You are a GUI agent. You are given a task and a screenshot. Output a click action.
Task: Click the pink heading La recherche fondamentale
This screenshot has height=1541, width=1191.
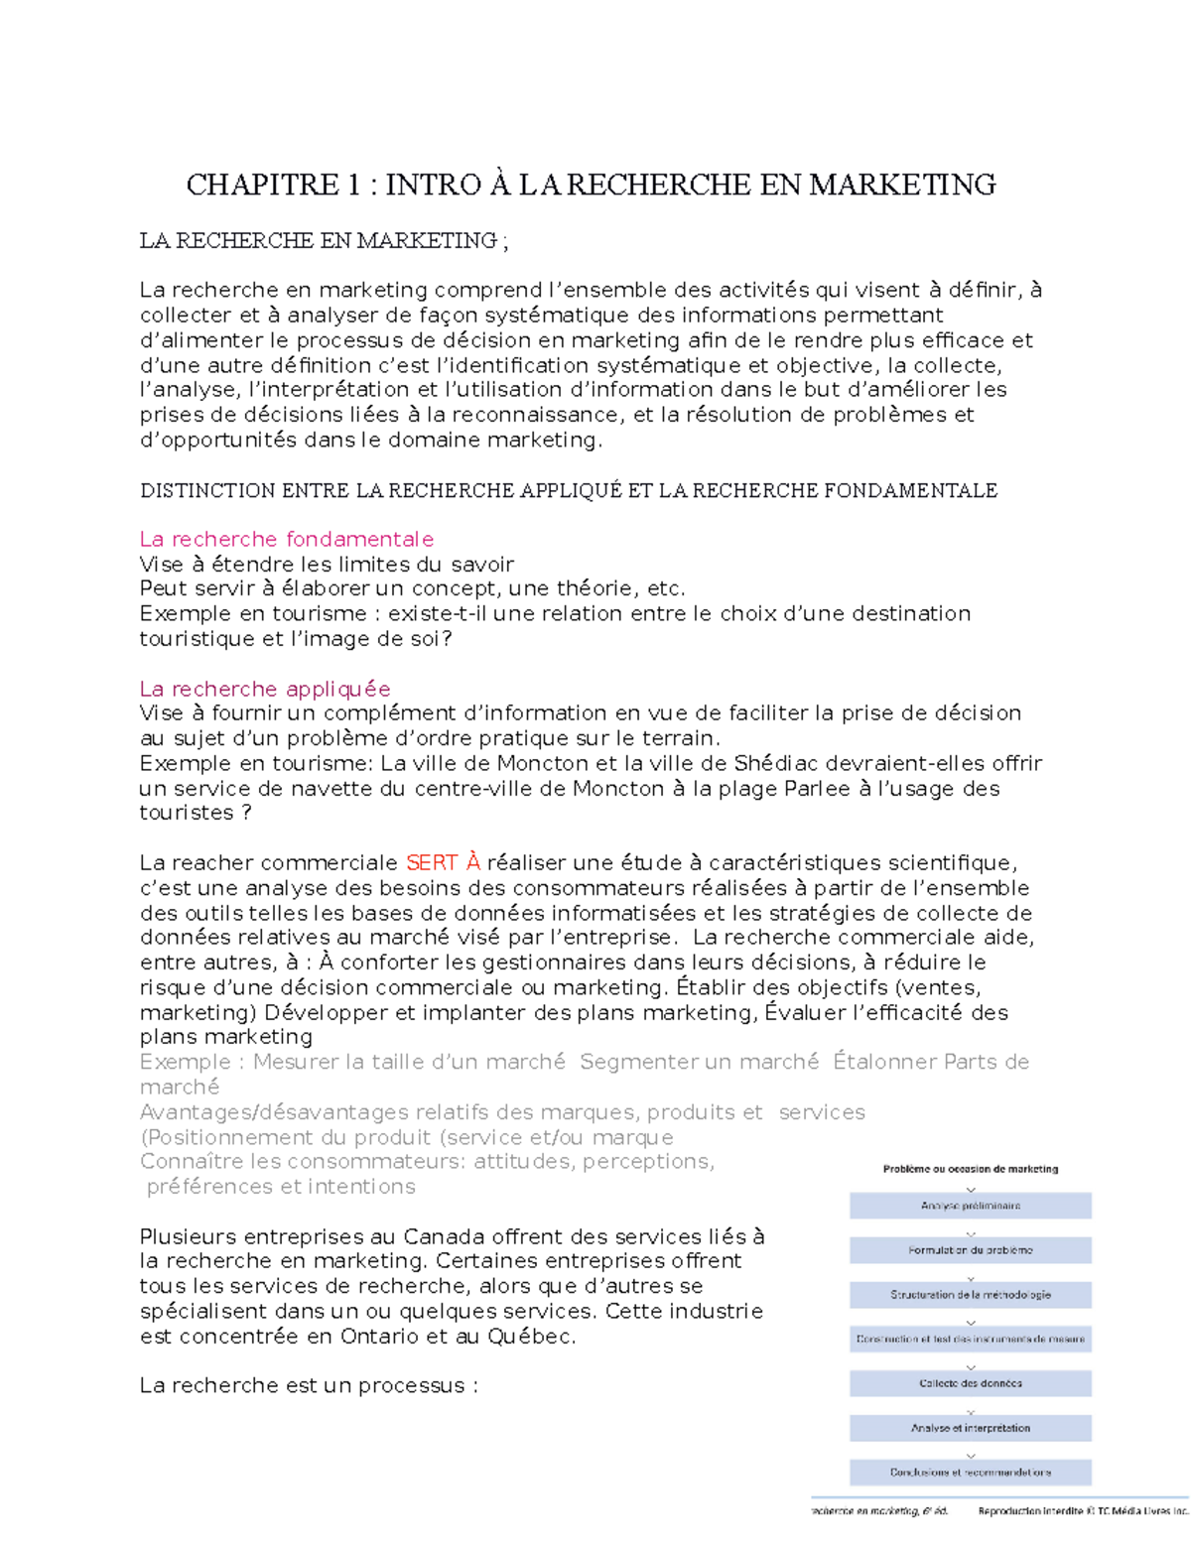tap(286, 539)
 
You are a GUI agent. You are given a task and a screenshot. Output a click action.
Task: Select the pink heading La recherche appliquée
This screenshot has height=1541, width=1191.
tap(264, 689)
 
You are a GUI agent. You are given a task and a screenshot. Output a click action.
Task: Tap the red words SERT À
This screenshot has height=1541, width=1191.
tap(443, 862)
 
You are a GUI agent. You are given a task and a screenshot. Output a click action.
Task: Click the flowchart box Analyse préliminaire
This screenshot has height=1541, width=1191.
tap(970, 1206)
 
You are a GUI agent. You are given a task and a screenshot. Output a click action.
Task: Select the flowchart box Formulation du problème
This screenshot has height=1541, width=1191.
tap(970, 1250)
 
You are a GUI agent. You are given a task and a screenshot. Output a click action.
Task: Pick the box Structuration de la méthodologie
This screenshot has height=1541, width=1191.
tap(970, 1295)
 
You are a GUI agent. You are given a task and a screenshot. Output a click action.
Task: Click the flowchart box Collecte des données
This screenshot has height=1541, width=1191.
tap(970, 1383)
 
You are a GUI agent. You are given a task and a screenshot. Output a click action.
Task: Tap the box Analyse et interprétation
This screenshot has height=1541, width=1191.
tap(970, 1428)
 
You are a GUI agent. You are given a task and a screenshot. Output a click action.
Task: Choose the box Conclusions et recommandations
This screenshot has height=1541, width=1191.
tap(970, 1473)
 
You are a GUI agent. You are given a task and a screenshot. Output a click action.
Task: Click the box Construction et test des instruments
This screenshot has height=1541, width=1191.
tap(970, 1339)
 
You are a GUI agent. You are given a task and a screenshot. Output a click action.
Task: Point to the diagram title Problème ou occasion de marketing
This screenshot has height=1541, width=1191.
tap(970, 1169)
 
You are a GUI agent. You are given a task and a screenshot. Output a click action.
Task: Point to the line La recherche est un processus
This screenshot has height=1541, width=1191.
tap(309, 1385)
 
